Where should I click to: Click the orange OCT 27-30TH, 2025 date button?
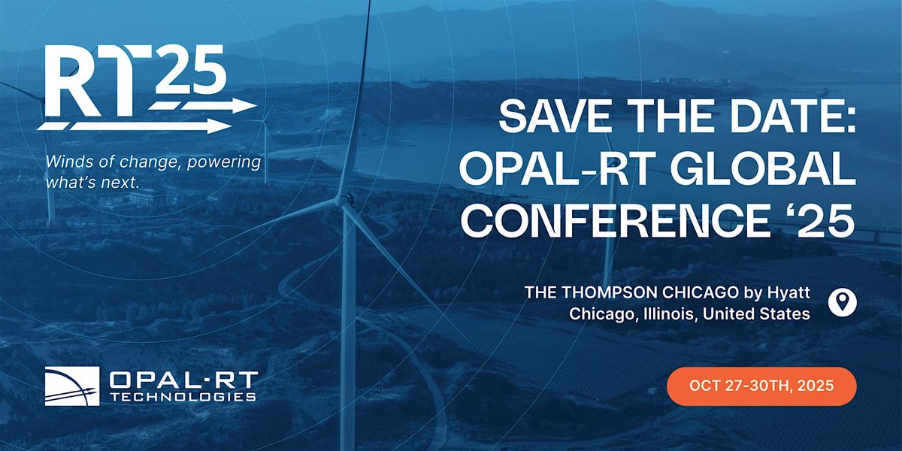coord(761,386)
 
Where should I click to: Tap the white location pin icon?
coord(843,303)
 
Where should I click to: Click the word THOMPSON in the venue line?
coord(610,292)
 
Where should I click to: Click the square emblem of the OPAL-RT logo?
coord(72,386)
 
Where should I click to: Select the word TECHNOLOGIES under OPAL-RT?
coord(183,397)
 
